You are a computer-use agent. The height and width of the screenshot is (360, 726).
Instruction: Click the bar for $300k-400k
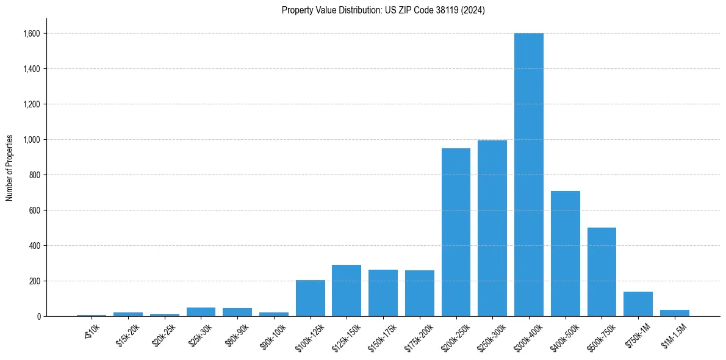(528, 175)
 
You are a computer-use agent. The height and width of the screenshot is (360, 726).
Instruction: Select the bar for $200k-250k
(456, 232)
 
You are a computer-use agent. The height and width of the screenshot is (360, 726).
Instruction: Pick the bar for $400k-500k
(565, 253)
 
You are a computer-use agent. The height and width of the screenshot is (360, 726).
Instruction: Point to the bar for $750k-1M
(638, 304)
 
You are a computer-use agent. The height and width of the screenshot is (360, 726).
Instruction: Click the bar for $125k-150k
(347, 290)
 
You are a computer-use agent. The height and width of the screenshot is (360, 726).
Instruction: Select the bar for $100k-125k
(310, 298)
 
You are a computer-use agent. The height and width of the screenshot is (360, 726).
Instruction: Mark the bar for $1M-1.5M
(674, 313)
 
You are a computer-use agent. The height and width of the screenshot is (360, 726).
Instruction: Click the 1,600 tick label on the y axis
(31, 34)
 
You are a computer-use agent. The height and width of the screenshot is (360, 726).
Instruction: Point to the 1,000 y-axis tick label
(31, 140)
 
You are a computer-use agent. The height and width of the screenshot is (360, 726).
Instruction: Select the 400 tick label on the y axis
(34, 246)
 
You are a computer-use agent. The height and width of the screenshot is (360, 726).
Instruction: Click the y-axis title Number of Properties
(10, 168)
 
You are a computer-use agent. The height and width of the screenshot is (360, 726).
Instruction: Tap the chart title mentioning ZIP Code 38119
(383, 10)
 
